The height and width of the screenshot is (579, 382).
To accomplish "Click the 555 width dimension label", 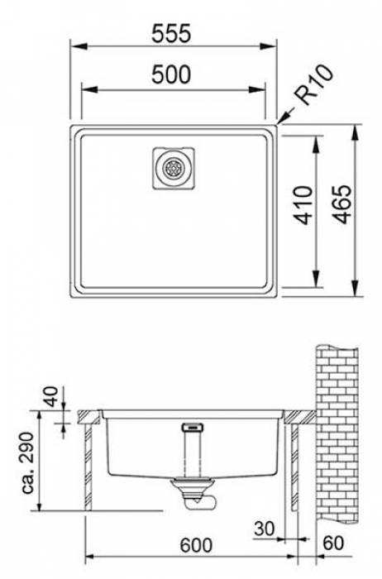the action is [x=171, y=33].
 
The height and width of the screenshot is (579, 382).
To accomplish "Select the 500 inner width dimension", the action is [x=171, y=74].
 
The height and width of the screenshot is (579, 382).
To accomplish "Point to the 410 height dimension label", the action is [x=304, y=205].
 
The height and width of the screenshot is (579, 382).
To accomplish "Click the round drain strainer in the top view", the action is [x=173, y=169].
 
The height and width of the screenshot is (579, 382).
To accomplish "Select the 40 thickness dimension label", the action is [x=51, y=396].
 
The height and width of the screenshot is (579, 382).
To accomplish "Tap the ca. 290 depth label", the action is [x=27, y=462].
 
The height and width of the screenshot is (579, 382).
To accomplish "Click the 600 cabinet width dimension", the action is [x=196, y=545].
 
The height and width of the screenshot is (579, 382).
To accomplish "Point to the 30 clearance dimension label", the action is [x=265, y=529].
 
